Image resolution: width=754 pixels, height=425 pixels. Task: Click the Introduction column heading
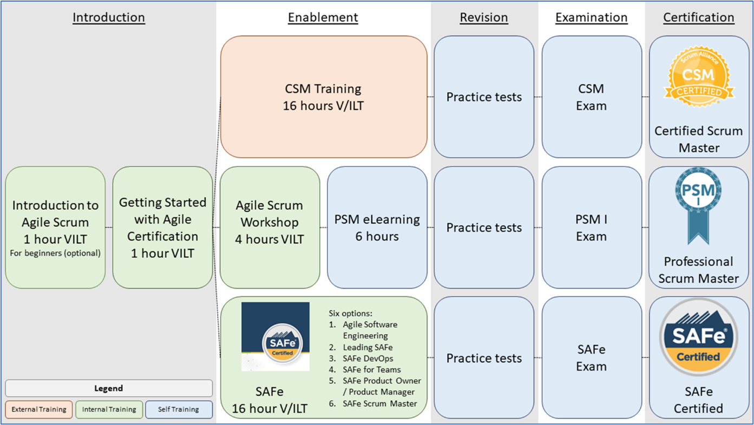pos(109,17)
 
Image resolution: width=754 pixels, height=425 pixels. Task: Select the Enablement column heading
pos(323,17)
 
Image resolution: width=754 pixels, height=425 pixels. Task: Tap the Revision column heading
pos(484,17)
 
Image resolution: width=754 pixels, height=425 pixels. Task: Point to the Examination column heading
pos(591,17)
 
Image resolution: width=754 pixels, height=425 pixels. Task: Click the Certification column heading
pos(699,17)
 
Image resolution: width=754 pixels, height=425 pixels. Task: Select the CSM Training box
pos(323,97)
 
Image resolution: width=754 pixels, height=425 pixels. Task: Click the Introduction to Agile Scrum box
pos(55,227)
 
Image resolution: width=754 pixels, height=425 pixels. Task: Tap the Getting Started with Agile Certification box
pos(162,227)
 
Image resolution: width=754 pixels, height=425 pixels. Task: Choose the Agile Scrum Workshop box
pos(270,227)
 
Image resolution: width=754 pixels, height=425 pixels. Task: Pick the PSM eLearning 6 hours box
pos(377,227)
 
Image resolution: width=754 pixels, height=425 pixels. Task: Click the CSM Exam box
pos(591,97)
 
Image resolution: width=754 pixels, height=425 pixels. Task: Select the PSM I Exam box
pos(591,228)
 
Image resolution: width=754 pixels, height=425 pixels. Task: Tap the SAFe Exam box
pos(591,358)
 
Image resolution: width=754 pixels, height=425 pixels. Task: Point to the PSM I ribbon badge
pos(698,205)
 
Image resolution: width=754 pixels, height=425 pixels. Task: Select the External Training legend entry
pos(39,409)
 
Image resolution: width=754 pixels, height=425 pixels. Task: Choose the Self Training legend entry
pos(179,409)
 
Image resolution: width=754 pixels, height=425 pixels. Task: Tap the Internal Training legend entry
pos(109,409)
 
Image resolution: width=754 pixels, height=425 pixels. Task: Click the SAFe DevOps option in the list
pos(368,358)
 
